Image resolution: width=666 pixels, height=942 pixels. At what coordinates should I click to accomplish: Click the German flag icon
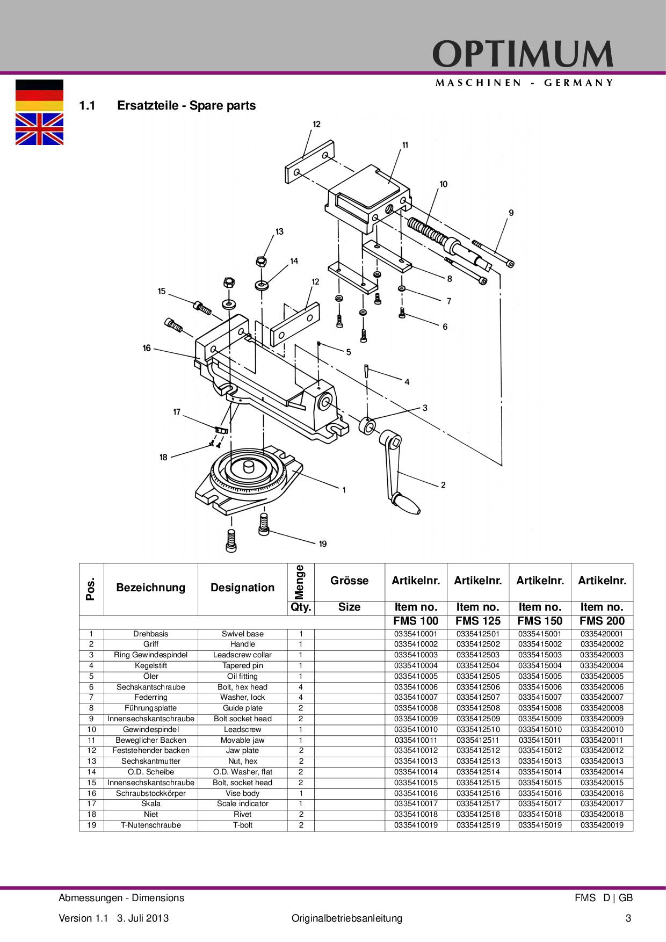(x=39, y=95)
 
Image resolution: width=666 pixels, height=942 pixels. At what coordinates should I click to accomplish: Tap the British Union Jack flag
(x=39, y=129)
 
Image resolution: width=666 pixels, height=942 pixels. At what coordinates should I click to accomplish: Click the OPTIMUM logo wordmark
(x=523, y=54)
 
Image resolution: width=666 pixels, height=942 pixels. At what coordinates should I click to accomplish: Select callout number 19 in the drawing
(x=323, y=544)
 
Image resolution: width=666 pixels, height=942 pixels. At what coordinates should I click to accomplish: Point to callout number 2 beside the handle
(x=443, y=485)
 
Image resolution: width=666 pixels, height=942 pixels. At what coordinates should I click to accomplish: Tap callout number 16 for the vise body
(x=147, y=348)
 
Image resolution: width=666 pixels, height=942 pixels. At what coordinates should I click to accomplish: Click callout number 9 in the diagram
(x=511, y=213)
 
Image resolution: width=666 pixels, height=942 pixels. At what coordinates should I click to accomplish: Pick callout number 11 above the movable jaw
(x=405, y=144)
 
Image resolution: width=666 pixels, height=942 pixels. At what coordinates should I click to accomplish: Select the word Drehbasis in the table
(x=151, y=634)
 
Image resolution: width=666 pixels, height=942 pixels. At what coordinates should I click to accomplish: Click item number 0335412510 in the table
(x=478, y=729)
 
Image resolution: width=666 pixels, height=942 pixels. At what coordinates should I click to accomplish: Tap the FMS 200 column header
(x=602, y=621)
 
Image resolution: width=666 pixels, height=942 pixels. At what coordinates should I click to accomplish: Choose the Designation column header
(x=242, y=588)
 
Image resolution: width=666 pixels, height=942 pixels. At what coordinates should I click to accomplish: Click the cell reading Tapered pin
(x=242, y=665)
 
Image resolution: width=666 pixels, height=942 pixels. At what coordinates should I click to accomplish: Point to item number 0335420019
(x=602, y=825)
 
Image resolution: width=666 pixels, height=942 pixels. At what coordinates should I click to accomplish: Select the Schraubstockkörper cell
(x=151, y=793)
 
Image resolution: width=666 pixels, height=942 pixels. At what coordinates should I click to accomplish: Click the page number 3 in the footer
(x=628, y=918)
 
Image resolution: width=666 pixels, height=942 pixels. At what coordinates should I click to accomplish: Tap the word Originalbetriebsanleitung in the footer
(x=346, y=918)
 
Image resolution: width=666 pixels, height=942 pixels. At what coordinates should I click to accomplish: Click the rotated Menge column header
(x=300, y=582)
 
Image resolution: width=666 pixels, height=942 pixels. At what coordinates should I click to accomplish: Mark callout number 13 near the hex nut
(x=279, y=231)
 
